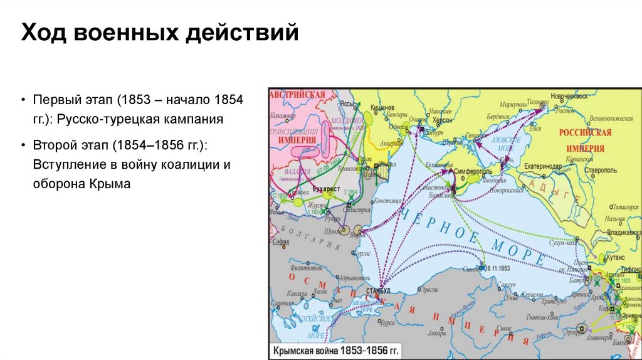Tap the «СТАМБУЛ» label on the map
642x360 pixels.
[377, 290]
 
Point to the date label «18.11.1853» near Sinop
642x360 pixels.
[495, 268]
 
